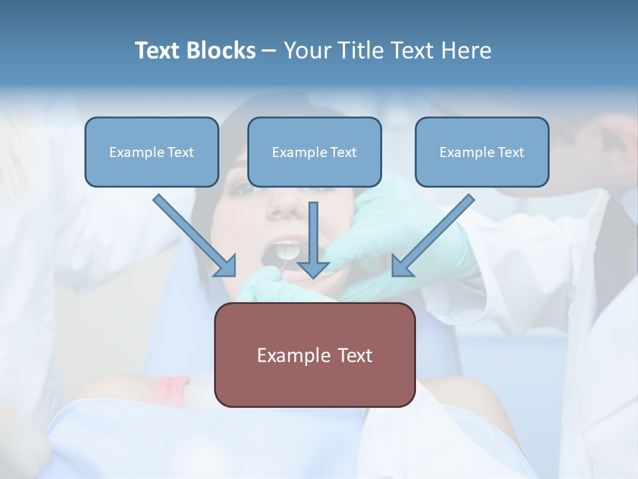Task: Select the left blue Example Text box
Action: [152, 152]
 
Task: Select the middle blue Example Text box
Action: [314, 152]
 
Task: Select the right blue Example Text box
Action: [482, 152]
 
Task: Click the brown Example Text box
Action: [314, 355]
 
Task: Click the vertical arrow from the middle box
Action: [314, 233]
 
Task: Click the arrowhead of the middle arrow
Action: [314, 269]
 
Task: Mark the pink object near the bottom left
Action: [171, 389]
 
